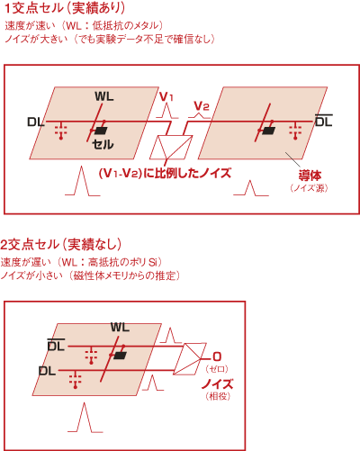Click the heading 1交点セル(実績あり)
[x=65, y=8]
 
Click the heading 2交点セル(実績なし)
[x=61, y=245]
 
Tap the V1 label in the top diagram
[x=166, y=97]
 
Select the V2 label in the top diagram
[x=202, y=106]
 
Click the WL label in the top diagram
[x=104, y=96]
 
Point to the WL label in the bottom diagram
[x=120, y=327]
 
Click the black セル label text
[x=103, y=145]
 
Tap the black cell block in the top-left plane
[x=101, y=131]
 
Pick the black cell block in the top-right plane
[x=268, y=131]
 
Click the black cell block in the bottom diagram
[x=120, y=356]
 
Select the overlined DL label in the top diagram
[x=324, y=121]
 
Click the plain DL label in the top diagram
[x=36, y=122]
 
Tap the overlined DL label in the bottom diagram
[x=56, y=346]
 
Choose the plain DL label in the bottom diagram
[x=48, y=371]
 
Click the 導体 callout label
[x=310, y=176]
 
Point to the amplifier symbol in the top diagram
[x=171, y=147]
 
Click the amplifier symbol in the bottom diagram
[x=190, y=359]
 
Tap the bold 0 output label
[x=217, y=356]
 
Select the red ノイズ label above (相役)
[x=218, y=383]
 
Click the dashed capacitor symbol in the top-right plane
[x=295, y=131]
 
